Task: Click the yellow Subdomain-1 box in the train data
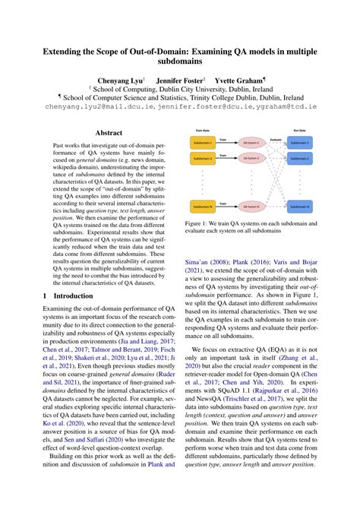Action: pos(202,142)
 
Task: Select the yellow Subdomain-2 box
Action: pos(202,158)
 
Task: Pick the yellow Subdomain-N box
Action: pos(202,207)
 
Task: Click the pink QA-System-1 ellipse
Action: pos(250,142)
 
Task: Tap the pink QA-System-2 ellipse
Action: pos(250,158)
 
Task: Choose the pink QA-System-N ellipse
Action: pos(250,207)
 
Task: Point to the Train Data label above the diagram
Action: pos(199,130)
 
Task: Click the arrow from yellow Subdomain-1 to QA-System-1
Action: pos(226,142)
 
